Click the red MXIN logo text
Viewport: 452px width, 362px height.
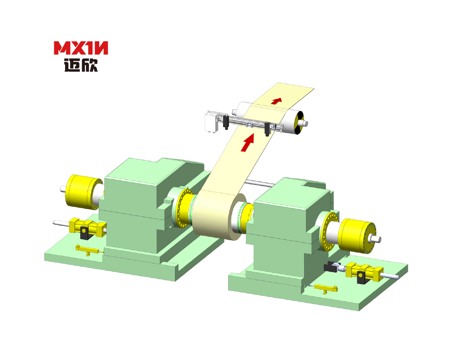tap(81, 48)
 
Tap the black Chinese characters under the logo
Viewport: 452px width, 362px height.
tap(81, 65)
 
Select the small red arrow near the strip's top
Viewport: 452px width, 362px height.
tap(276, 101)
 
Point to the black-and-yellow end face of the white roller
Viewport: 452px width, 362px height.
tap(299, 123)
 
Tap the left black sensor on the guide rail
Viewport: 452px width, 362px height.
tap(226, 122)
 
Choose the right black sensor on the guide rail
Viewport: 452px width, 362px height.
tap(267, 129)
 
